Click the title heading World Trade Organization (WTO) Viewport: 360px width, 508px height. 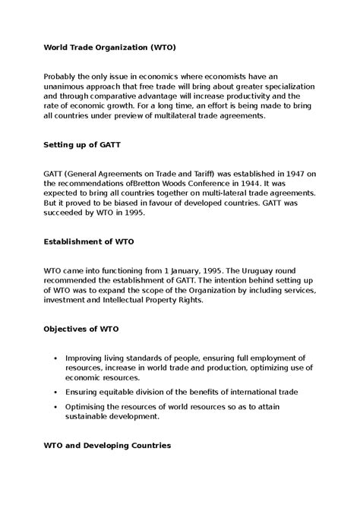(x=109, y=47)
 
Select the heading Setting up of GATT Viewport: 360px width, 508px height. (x=82, y=143)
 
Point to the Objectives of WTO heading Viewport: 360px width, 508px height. (x=81, y=330)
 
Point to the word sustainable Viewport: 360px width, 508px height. (x=92, y=416)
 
